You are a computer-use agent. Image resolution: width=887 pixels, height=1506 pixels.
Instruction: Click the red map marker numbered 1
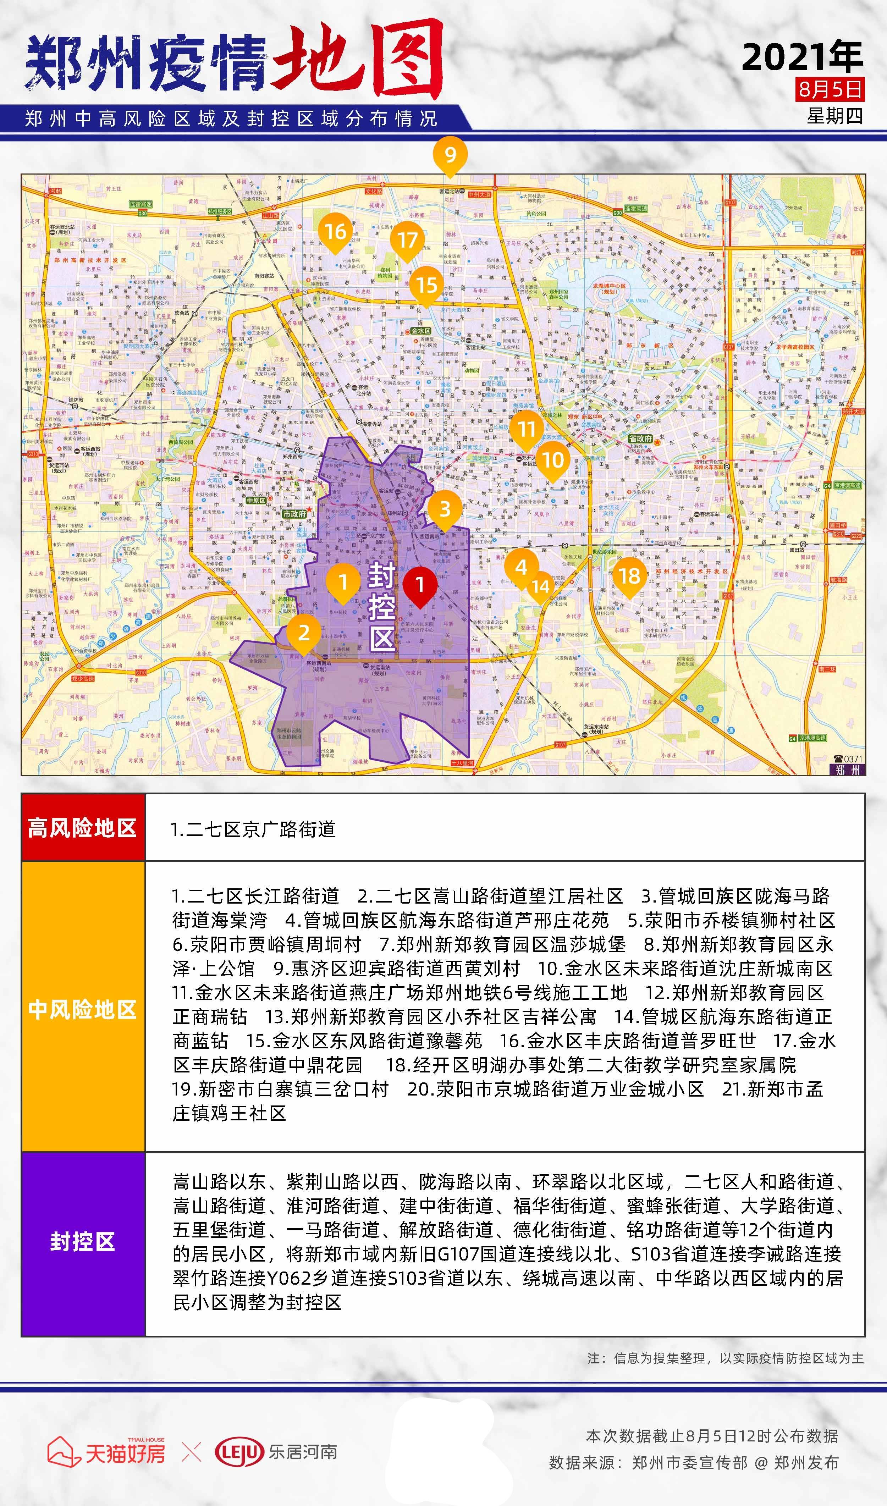coord(420,585)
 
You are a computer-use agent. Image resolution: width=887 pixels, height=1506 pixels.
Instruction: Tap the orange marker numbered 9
coord(450,155)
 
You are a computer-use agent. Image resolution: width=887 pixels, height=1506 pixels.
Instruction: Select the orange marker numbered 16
coord(335,231)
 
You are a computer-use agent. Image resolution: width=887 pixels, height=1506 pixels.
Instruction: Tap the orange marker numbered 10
coord(553,459)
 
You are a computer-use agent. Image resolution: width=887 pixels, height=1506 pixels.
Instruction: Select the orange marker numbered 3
coord(445,509)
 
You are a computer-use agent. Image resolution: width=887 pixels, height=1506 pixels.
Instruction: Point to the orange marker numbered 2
coord(304,632)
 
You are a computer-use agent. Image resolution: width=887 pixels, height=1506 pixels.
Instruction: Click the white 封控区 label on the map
coord(381,605)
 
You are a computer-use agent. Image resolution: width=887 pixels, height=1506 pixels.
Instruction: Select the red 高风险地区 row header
coord(83,828)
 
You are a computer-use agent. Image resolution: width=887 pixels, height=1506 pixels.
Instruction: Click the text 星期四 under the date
coord(834,116)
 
